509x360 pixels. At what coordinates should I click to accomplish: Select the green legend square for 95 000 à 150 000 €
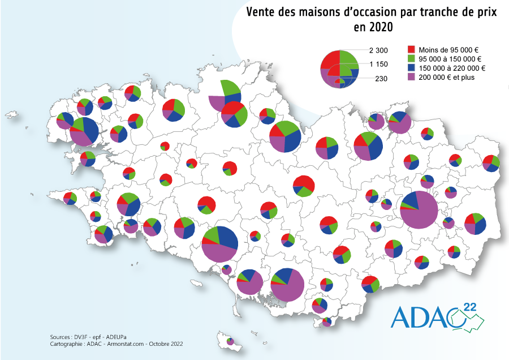click(x=412, y=59)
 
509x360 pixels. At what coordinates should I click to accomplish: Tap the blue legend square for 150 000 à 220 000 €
click(x=412, y=68)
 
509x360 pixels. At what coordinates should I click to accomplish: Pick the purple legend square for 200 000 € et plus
click(x=412, y=78)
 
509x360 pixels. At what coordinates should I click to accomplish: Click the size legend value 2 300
click(x=378, y=51)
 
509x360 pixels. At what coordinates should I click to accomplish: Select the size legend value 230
click(x=381, y=79)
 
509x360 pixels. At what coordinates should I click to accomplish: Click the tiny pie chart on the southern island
click(x=230, y=341)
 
